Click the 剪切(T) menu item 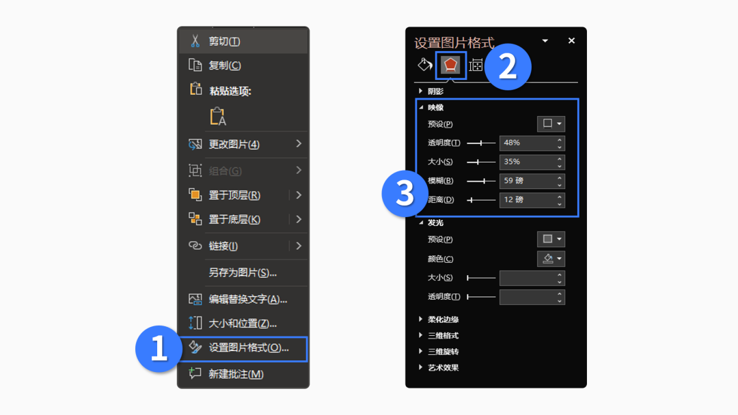point(225,42)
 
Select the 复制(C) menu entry point(225,66)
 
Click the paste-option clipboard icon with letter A point(217,116)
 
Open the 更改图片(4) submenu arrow point(299,144)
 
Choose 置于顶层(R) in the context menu point(234,195)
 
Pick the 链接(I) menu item point(223,246)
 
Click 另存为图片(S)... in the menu point(243,272)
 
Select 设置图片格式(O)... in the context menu point(249,348)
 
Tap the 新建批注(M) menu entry point(236,374)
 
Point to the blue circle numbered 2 point(507,67)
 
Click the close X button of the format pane point(571,41)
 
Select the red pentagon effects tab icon point(450,65)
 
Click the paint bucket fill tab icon point(424,64)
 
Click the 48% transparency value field point(527,143)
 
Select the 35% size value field point(527,162)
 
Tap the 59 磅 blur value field point(527,181)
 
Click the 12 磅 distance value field point(527,200)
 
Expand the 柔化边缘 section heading point(443,319)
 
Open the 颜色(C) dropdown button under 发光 point(551,259)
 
